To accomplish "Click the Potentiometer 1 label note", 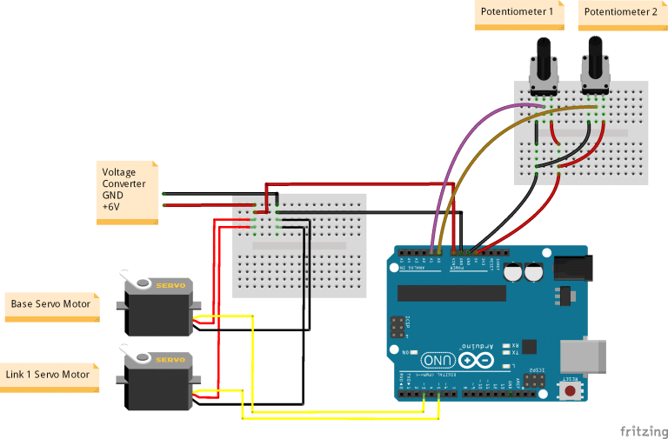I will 516,14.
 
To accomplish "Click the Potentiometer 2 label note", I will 619,14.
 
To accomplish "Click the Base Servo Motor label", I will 50,305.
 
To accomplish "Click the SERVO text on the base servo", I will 170,284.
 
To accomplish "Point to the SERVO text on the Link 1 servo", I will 170,359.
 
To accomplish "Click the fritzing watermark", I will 643,430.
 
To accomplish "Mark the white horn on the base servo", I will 137,283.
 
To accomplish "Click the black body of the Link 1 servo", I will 157,386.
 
